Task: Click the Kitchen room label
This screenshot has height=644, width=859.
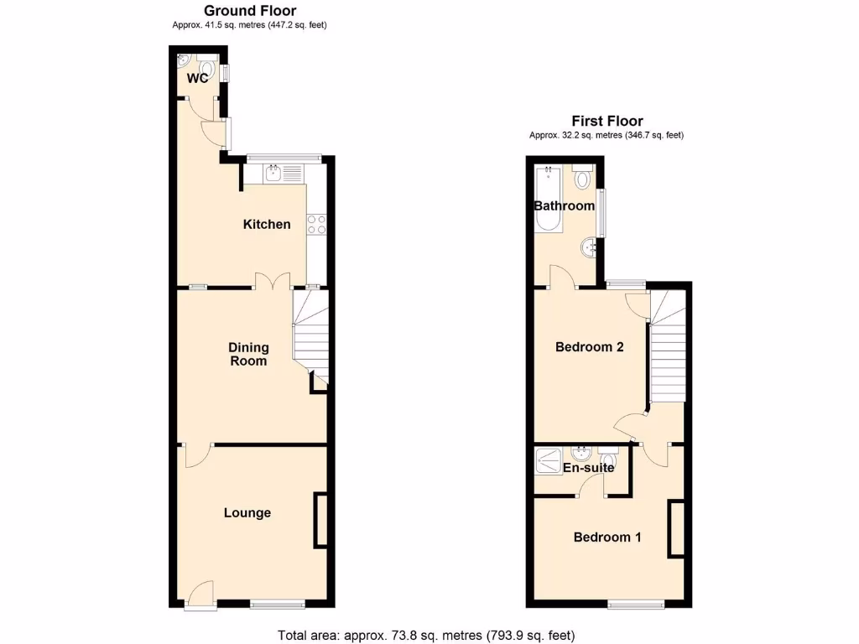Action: coord(267,224)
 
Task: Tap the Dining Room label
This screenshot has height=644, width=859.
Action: coord(249,354)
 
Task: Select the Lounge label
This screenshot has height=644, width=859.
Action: coord(247,512)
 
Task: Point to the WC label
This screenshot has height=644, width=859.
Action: coord(198,79)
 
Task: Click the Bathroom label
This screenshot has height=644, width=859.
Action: coord(564,205)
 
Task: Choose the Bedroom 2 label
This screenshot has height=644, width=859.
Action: coord(590,346)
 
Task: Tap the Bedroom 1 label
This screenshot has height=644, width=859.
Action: coord(607,537)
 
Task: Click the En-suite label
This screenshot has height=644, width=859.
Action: coord(587,467)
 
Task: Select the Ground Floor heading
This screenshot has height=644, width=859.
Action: coord(249,11)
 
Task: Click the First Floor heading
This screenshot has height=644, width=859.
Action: coord(607,121)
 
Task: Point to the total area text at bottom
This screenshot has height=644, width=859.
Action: coord(426,635)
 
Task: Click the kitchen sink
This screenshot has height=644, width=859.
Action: coord(273,174)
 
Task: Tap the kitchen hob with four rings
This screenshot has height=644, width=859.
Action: coord(317,224)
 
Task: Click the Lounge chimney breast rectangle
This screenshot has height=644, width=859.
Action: coord(320,522)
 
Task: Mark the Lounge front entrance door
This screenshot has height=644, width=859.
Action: coord(200,595)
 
